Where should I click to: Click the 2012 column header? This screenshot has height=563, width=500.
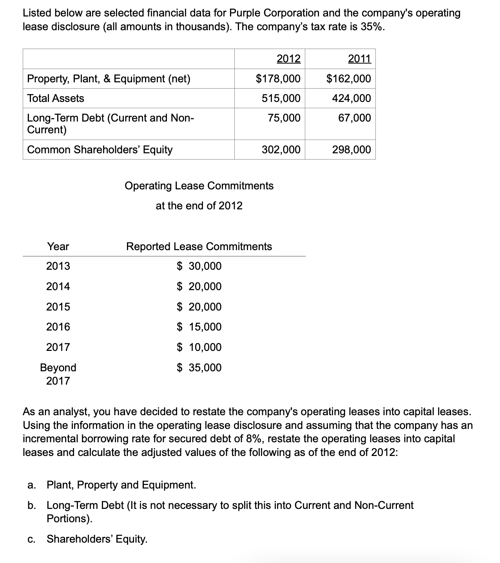pos(288,59)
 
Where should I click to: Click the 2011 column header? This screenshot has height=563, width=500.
pos(359,59)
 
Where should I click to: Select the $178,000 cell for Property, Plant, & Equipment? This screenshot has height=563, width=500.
pos(278,79)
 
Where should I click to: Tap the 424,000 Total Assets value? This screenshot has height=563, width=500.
pos(351,98)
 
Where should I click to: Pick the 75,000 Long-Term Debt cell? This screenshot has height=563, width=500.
pos(284,118)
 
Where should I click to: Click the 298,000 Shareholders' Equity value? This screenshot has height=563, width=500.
pos(351,149)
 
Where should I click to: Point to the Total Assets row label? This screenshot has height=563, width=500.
pos(56,98)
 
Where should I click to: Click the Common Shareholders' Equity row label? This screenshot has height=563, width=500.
pos(100,149)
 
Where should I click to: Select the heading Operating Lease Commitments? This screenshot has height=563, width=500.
pos(199,185)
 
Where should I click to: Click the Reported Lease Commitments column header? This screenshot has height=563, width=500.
pos(199,246)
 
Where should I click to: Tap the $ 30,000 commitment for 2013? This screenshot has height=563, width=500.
pos(199,266)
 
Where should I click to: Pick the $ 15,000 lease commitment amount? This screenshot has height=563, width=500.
pos(199,327)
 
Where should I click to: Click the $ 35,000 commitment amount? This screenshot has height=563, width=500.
pos(199,367)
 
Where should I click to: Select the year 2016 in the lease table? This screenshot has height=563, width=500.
pos(58,327)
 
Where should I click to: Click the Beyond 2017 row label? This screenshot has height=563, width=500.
pos(58,374)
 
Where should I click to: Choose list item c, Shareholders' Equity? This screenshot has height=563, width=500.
pos(97,539)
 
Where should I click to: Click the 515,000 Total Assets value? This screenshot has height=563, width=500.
pos(281,98)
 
